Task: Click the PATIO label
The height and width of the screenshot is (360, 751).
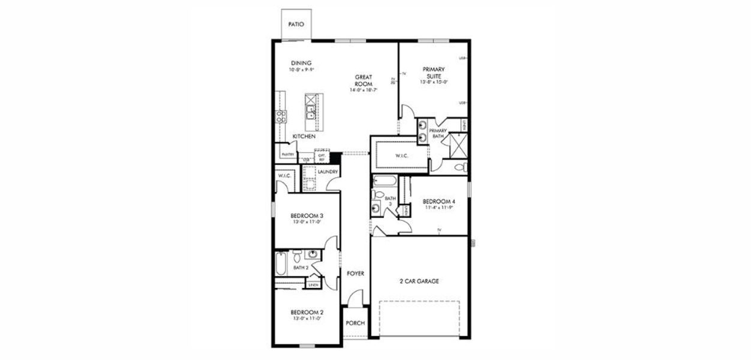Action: [x=296, y=25]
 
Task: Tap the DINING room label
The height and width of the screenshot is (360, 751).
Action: [x=302, y=64]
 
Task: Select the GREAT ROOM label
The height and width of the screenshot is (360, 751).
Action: [x=364, y=80]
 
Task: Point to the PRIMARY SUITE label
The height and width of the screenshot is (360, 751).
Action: [x=433, y=73]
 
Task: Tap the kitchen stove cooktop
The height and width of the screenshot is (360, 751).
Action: [x=280, y=117]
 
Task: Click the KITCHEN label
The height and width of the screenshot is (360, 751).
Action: [x=304, y=137]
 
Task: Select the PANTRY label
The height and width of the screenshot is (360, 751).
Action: [x=287, y=154]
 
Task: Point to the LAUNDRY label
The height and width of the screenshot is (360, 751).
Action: [x=328, y=172]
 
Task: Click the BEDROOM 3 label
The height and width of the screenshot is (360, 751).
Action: [x=307, y=216]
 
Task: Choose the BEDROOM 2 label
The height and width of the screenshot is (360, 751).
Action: [x=307, y=312]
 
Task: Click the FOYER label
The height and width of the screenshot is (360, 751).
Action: [x=356, y=274]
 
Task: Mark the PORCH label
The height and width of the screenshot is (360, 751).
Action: [x=356, y=323]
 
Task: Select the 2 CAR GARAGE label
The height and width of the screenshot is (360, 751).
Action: [x=419, y=281]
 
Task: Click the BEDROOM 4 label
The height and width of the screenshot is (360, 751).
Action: [x=438, y=202]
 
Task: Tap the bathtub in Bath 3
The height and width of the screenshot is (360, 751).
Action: [x=382, y=181]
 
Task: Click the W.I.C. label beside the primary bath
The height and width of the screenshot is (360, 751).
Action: [x=401, y=157]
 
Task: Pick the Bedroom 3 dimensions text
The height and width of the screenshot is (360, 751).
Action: [x=307, y=222]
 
